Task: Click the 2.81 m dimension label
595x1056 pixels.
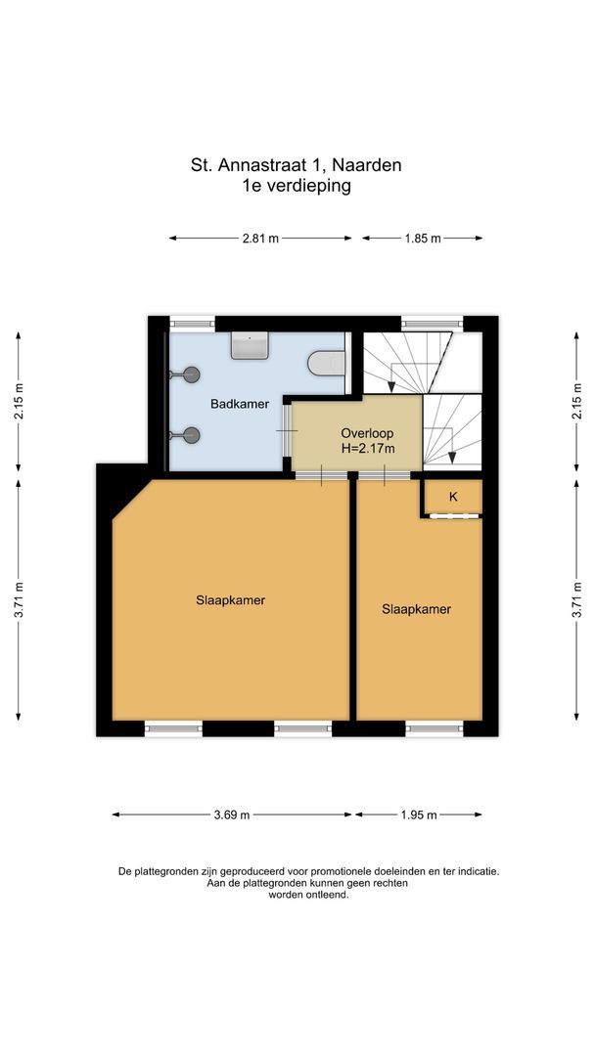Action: tap(260, 238)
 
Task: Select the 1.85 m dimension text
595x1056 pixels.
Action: tap(422, 238)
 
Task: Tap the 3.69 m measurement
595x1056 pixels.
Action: tap(231, 814)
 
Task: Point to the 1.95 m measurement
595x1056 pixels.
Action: tap(418, 814)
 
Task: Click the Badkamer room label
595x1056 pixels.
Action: tap(240, 403)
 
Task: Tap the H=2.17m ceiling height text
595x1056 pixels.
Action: tap(368, 449)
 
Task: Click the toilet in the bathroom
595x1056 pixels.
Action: tap(328, 364)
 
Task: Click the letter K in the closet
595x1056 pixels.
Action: tap(453, 497)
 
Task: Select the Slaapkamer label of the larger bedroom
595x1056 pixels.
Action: tap(230, 600)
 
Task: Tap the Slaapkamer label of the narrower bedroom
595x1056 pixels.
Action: tap(416, 608)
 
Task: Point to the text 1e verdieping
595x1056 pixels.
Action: tap(297, 185)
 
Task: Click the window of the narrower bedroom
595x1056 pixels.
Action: tap(435, 727)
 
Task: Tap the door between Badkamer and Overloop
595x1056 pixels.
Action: tap(287, 431)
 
